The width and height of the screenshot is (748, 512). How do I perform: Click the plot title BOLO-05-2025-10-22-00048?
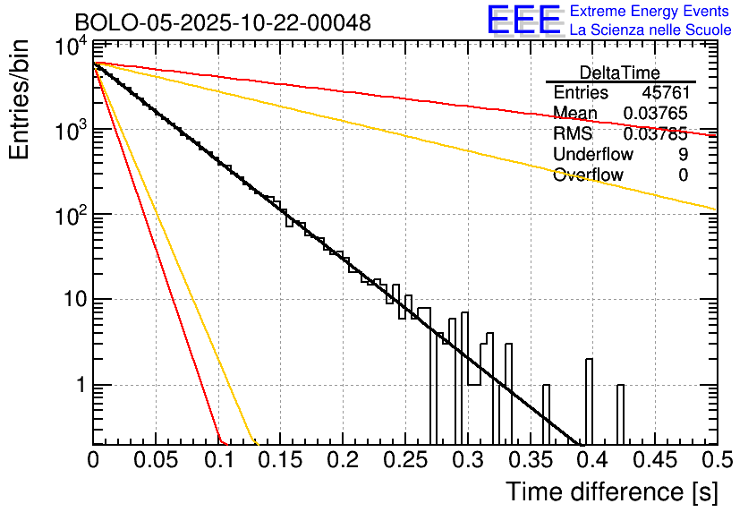[x=223, y=22]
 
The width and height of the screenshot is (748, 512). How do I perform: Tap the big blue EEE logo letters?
[x=523, y=22]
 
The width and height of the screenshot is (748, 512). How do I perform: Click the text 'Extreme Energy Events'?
[x=650, y=12]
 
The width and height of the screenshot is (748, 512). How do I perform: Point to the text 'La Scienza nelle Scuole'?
[x=650, y=30]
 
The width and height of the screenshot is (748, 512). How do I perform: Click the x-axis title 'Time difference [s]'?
[x=611, y=491]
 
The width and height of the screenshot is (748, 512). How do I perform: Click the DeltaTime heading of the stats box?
[x=620, y=73]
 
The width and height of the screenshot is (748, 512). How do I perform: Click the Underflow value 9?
[x=683, y=154]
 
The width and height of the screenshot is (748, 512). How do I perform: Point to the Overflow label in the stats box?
[x=588, y=175]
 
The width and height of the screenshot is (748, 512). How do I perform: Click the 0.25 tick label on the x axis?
[x=404, y=461]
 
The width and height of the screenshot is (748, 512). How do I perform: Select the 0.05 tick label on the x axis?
[x=156, y=461]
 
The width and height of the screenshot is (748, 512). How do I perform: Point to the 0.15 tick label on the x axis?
[x=280, y=461]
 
